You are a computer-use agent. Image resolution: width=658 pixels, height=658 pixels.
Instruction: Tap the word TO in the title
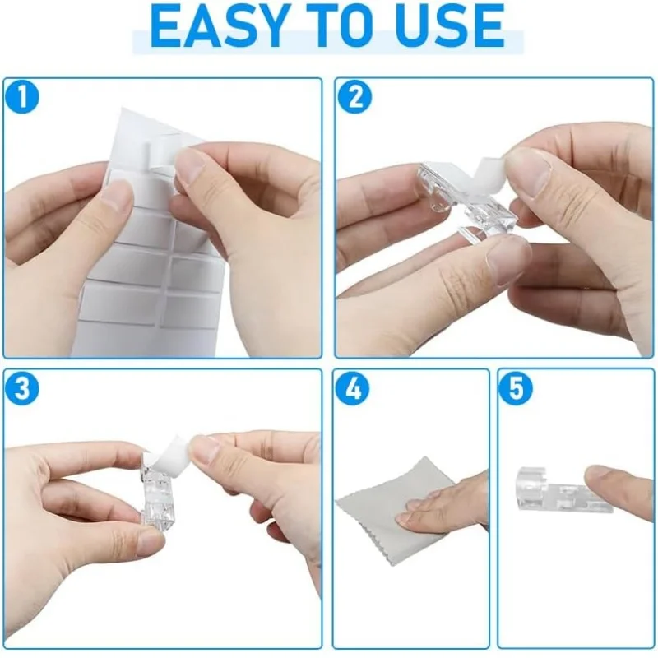tap(333, 26)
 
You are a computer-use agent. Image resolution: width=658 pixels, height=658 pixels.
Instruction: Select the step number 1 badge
tap(22, 97)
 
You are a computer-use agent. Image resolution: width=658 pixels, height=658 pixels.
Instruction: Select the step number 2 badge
tap(354, 97)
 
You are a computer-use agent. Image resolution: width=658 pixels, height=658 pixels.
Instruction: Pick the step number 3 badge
tap(22, 388)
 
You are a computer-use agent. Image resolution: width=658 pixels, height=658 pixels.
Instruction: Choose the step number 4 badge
tap(353, 388)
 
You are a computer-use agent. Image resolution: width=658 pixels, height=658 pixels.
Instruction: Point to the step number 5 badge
tap(516, 388)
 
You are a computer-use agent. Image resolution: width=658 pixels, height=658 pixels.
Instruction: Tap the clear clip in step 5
tap(558, 489)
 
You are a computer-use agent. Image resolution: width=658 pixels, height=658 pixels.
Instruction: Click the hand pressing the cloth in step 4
tap(445, 503)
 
